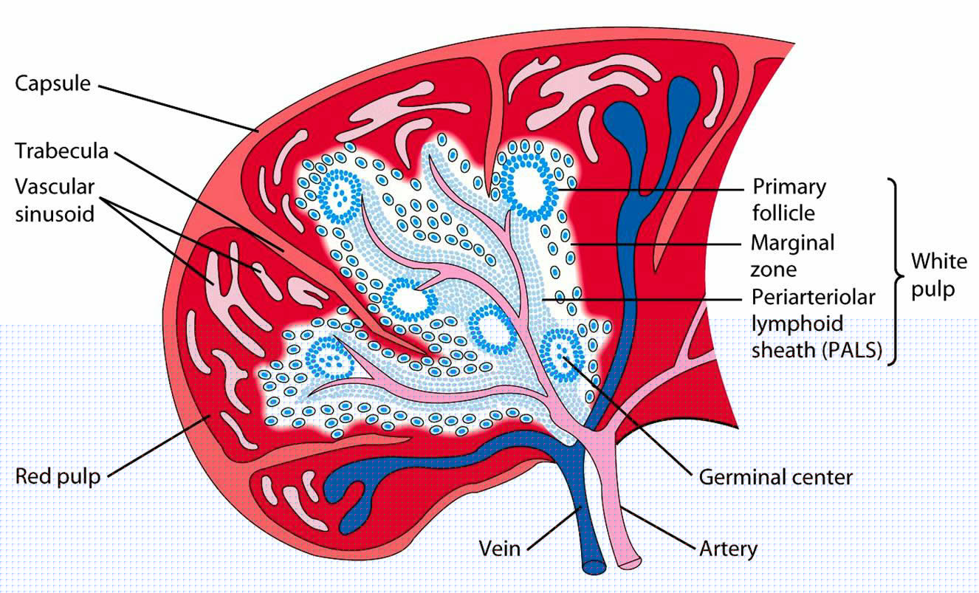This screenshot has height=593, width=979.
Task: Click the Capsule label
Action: click(52, 83)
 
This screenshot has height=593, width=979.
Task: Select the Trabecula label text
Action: click(62, 151)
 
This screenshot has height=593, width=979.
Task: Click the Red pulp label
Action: click(58, 475)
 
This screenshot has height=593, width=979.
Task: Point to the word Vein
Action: click(500, 549)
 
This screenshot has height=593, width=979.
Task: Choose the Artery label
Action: click(728, 549)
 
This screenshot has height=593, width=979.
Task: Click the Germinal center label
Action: click(775, 477)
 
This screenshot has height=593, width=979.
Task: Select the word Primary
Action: click(789, 186)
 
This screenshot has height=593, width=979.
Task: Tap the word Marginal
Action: click(792, 242)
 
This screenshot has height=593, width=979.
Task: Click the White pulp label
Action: click(938, 275)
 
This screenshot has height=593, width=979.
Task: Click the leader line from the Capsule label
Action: click(177, 108)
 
